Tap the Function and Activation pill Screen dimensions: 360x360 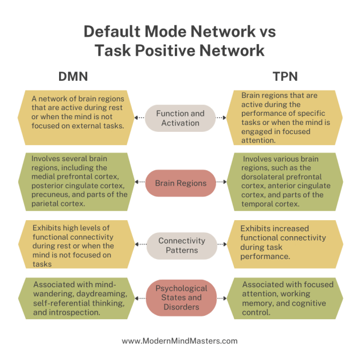tap(180, 118)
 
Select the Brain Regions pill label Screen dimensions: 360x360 tap(180, 183)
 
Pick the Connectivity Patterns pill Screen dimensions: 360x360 tap(180, 246)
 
